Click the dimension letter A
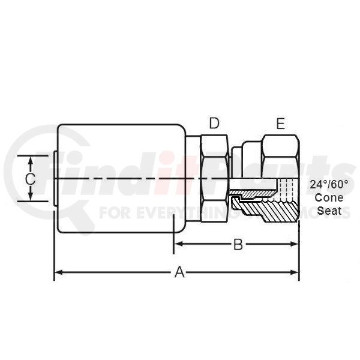pyautogui.click(x=179, y=272)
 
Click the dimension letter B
pyautogui.click(x=238, y=244)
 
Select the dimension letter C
pyautogui.click(x=30, y=179)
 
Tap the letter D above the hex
pyautogui.click(x=214, y=123)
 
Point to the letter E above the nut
pyautogui.click(x=281, y=124)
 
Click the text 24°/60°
pyautogui.click(x=329, y=184)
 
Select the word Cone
pyautogui.click(x=329, y=197)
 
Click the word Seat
pyautogui.click(x=329, y=211)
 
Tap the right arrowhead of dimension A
pyautogui.click(x=295, y=272)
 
